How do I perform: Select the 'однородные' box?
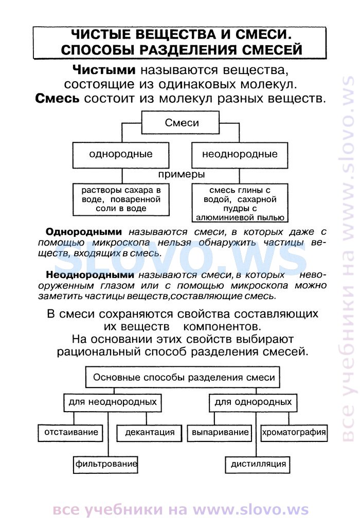121,155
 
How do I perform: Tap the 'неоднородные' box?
240,155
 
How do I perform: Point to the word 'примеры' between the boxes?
181,174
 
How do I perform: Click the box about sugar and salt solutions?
121,199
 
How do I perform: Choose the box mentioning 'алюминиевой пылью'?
240,202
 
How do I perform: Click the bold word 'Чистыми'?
104,70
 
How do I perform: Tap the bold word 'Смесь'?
57,99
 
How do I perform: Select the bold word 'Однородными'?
84,232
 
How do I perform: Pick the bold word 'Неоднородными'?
90,275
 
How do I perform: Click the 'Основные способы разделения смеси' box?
183,377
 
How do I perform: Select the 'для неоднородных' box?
113,402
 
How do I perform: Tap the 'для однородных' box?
253,402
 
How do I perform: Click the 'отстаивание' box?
71,433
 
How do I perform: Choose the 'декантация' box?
150,433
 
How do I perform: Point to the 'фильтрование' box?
105,464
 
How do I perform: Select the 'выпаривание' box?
220,433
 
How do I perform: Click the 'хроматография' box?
294,433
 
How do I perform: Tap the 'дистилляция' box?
258,464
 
